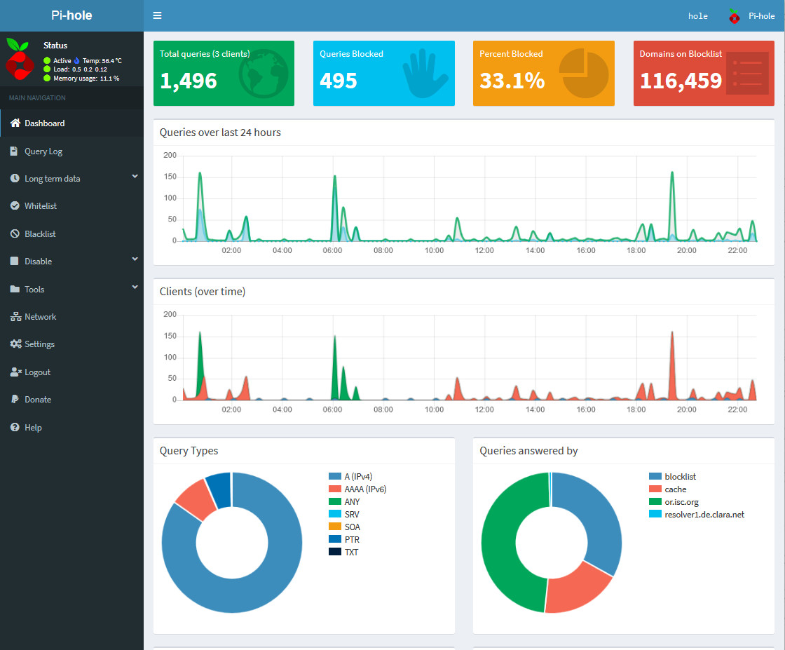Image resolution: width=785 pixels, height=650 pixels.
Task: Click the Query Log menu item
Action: click(x=43, y=151)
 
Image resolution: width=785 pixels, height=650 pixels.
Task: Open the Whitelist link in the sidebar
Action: click(x=41, y=206)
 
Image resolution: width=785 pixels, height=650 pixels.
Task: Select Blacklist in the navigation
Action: click(x=40, y=234)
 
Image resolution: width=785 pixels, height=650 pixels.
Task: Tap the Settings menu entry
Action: click(x=39, y=344)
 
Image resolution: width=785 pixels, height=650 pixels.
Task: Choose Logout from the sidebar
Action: click(x=38, y=372)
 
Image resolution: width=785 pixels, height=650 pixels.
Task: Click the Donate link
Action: click(x=38, y=400)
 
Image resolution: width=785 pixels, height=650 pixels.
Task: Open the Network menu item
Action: click(x=40, y=317)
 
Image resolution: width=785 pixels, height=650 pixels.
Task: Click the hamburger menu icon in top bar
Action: click(x=157, y=15)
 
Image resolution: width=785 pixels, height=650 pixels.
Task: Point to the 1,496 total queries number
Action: click(x=189, y=81)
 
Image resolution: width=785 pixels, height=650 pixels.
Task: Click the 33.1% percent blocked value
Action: click(x=512, y=81)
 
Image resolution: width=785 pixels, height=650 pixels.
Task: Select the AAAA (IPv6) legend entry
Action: click(x=364, y=489)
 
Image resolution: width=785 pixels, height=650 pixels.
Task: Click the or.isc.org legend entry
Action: click(x=681, y=502)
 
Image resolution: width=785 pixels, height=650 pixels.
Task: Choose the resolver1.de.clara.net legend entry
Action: click(x=704, y=515)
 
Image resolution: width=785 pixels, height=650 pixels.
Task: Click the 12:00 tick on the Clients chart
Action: click(x=484, y=409)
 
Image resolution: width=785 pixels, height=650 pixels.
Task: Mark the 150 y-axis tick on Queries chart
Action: click(x=170, y=177)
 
